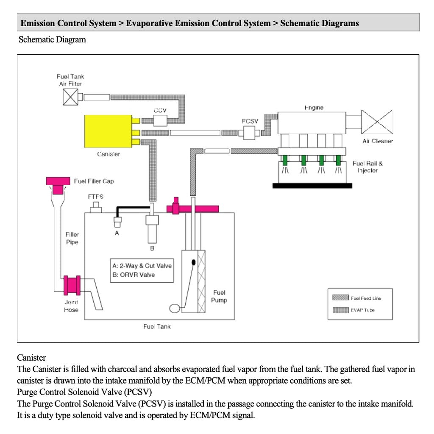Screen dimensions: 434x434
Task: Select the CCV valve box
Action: pos(160,121)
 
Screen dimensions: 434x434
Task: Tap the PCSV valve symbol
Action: pos(247,133)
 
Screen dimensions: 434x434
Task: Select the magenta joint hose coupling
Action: pos(71,286)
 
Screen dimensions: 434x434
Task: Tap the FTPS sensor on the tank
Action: pos(97,207)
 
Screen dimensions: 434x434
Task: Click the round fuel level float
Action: pos(174,309)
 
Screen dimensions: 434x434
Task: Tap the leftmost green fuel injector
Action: pos(285,160)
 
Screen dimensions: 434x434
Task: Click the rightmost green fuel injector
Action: pos(338,160)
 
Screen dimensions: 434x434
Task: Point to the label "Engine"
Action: pos(314,108)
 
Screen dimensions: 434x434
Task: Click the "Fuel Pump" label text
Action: pos(219,296)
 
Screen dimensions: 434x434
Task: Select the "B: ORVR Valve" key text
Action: pos(134,275)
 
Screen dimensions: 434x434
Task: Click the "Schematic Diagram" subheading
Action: pos(52,40)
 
